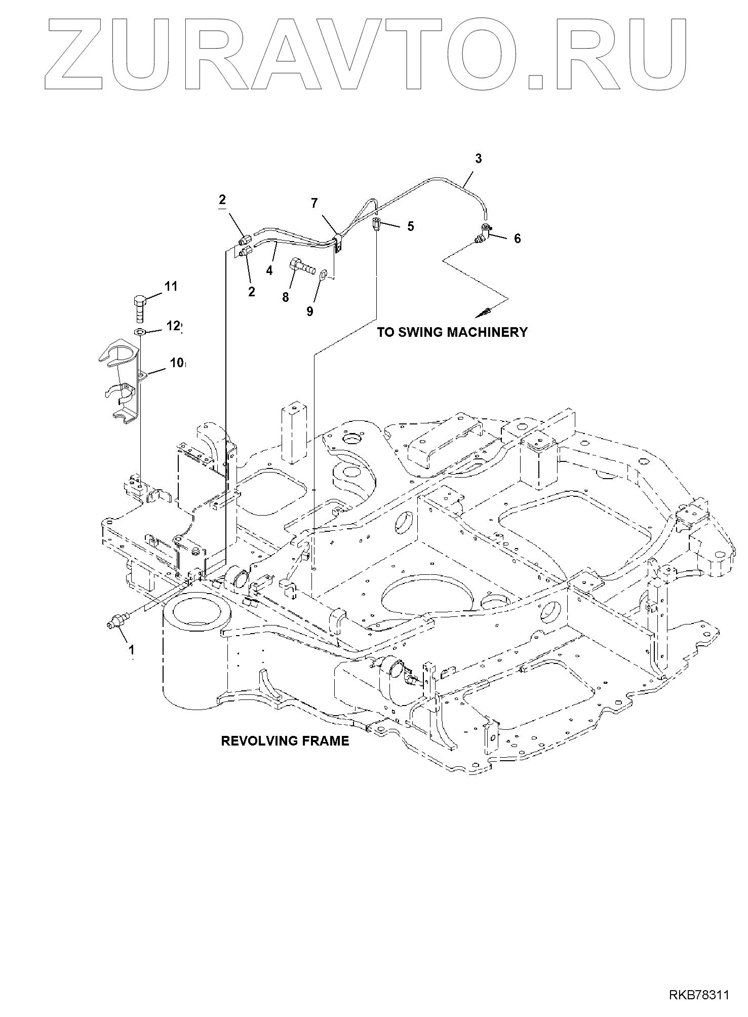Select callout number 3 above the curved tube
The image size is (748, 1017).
tap(478, 159)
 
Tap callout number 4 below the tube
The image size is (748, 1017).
tap(269, 271)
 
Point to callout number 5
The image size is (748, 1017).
tap(410, 226)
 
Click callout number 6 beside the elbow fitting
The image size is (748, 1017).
tap(517, 239)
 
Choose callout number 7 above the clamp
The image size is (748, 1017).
tap(314, 204)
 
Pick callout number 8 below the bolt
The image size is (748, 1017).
tap(286, 297)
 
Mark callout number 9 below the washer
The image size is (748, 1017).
tap(310, 311)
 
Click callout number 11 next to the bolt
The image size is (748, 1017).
tap(171, 287)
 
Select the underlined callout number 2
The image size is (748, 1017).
tap(222, 200)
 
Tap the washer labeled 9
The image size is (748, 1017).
tap(323, 276)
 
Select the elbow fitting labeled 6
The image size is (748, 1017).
tap(483, 235)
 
